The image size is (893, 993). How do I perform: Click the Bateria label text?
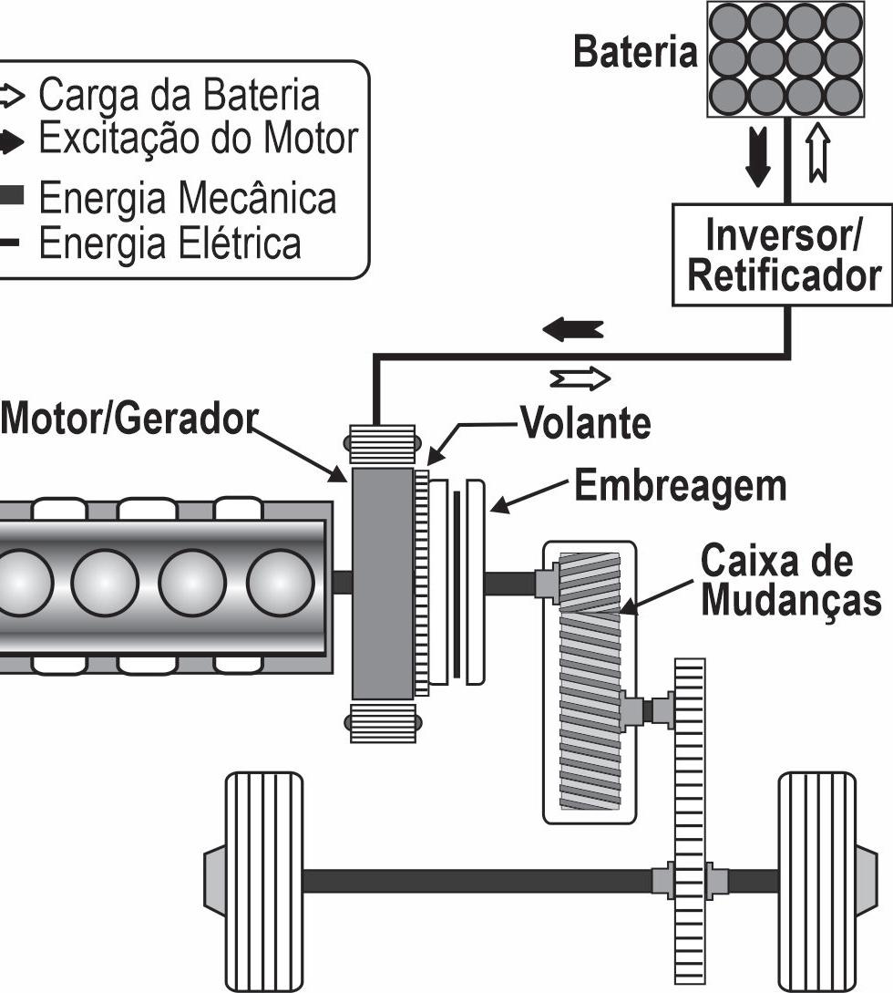pyautogui.click(x=634, y=54)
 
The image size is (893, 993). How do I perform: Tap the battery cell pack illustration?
pyautogui.click(x=785, y=58)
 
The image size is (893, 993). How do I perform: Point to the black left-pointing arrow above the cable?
pyautogui.click(x=573, y=329)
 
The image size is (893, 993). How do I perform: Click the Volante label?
pyautogui.click(x=585, y=424)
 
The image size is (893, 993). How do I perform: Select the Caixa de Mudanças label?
pyautogui.click(x=789, y=581)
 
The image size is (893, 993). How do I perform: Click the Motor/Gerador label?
pyautogui.click(x=128, y=420)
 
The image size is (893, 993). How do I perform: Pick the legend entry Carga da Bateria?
pyautogui.click(x=180, y=96)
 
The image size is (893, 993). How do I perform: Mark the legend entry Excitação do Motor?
pyautogui.click(x=198, y=140)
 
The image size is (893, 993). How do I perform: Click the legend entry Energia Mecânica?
pyautogui.click(x=187, y=198)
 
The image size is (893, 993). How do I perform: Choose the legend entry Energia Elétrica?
pyautogui.click(x=169, y=243)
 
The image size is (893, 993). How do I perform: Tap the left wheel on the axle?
pyautogui.click(x=263, y=880)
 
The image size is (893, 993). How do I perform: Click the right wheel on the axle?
pyautogui.click(x=817, y=880)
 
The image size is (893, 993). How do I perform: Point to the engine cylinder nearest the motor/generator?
pyautogui.click(x=281, y=583)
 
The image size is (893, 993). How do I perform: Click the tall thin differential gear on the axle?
pyautogui.click(x=690, y=821)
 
